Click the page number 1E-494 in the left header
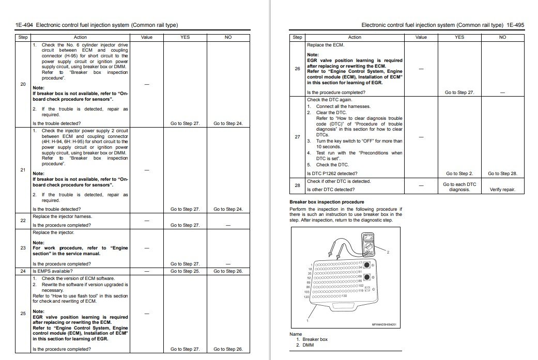point(24,25)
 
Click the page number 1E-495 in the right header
point(515,25)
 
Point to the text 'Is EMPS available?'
point(52,271)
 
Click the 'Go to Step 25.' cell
point(185,271)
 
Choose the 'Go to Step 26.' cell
point(228,271)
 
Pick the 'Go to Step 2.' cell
point(459,174)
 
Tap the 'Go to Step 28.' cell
point(502,174)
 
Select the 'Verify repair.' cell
point(502,190)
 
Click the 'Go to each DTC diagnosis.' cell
point(459,187)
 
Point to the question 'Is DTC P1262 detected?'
point(332,174)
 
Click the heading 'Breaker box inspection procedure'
point(327,202)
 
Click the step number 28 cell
point(297,185)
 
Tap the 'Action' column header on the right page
point(355,37)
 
